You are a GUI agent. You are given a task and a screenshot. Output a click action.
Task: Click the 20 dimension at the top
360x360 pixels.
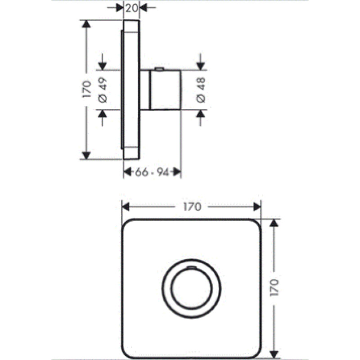coord(132,8)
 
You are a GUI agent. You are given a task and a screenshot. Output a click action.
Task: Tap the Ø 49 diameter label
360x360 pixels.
coord(103,90)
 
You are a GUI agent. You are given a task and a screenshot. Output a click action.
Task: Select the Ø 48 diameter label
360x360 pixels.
coord(200,90)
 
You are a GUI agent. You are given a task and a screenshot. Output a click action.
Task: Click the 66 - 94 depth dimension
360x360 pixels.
coord(152,172)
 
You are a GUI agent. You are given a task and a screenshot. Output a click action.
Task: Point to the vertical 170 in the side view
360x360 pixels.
coord(86,89)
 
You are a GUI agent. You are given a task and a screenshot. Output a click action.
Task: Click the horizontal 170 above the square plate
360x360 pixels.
coord(192,207)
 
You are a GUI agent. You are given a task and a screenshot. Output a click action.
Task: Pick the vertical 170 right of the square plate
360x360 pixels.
coord(274,287)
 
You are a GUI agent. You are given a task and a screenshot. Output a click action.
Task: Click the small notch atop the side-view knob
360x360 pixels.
coord(159,68)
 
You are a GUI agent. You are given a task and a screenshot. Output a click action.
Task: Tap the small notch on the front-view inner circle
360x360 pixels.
coord(192,267)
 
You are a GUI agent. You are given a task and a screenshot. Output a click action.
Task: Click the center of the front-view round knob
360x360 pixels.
coord(192,288)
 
